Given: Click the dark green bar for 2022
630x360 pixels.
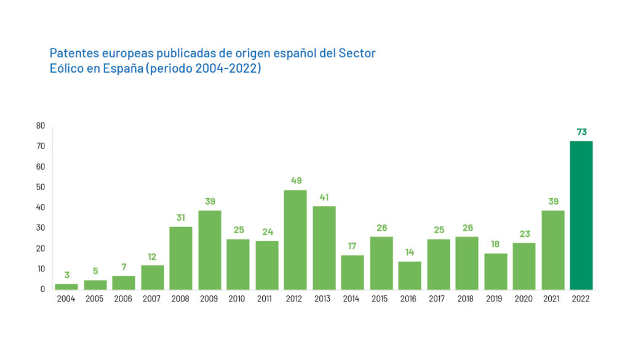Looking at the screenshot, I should [x=581, y=215].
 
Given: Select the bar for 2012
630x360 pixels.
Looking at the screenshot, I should [x=295, y=240].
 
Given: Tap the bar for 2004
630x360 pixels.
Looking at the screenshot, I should [x=66, y=286].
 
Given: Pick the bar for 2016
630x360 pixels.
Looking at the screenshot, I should [x=410, y=276].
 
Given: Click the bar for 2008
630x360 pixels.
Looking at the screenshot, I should [x=181, y=258].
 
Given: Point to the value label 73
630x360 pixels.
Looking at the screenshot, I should [x=581, y=132].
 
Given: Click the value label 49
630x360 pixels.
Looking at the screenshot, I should [x=295, y=181].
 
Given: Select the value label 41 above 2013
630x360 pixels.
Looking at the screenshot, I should [x=324, y=198].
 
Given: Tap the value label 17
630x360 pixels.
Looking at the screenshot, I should [x=353, y=247].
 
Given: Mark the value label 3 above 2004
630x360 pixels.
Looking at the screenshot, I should [x=66, y=275].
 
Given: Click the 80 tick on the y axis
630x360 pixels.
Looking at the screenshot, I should [x=41, y=126].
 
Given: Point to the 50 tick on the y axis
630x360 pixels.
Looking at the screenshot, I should [x=41, y=187].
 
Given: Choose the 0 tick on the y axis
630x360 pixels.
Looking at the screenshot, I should [x=42, y=289].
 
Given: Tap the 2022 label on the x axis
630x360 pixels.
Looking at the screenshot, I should [x=581, y=299].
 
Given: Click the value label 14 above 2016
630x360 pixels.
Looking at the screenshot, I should [x=410, y=252].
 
